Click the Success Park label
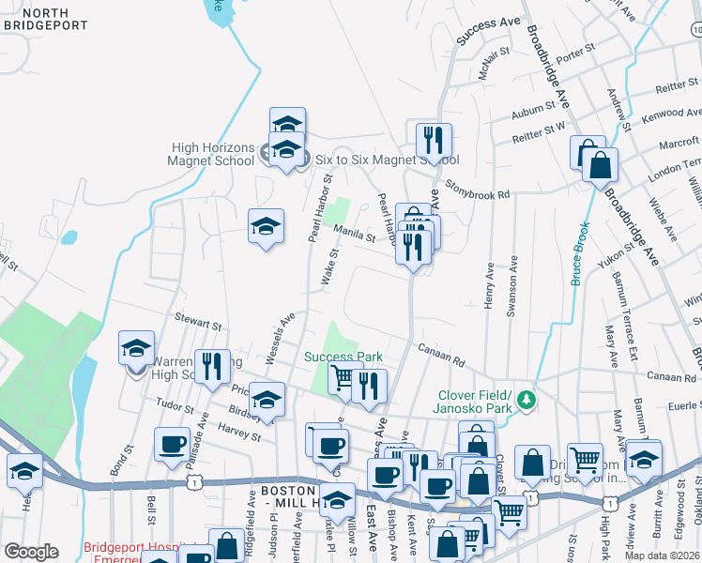pos(343,357)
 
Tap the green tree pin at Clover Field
pos(527,400)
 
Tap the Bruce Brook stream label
pos(580,253)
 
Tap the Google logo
pos(31,552)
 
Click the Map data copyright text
pos(663,555)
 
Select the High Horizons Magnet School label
pos(212,153)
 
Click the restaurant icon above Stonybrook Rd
pos(434,141)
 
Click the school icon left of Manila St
pos(267,226)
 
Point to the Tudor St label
pos(176,407)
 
